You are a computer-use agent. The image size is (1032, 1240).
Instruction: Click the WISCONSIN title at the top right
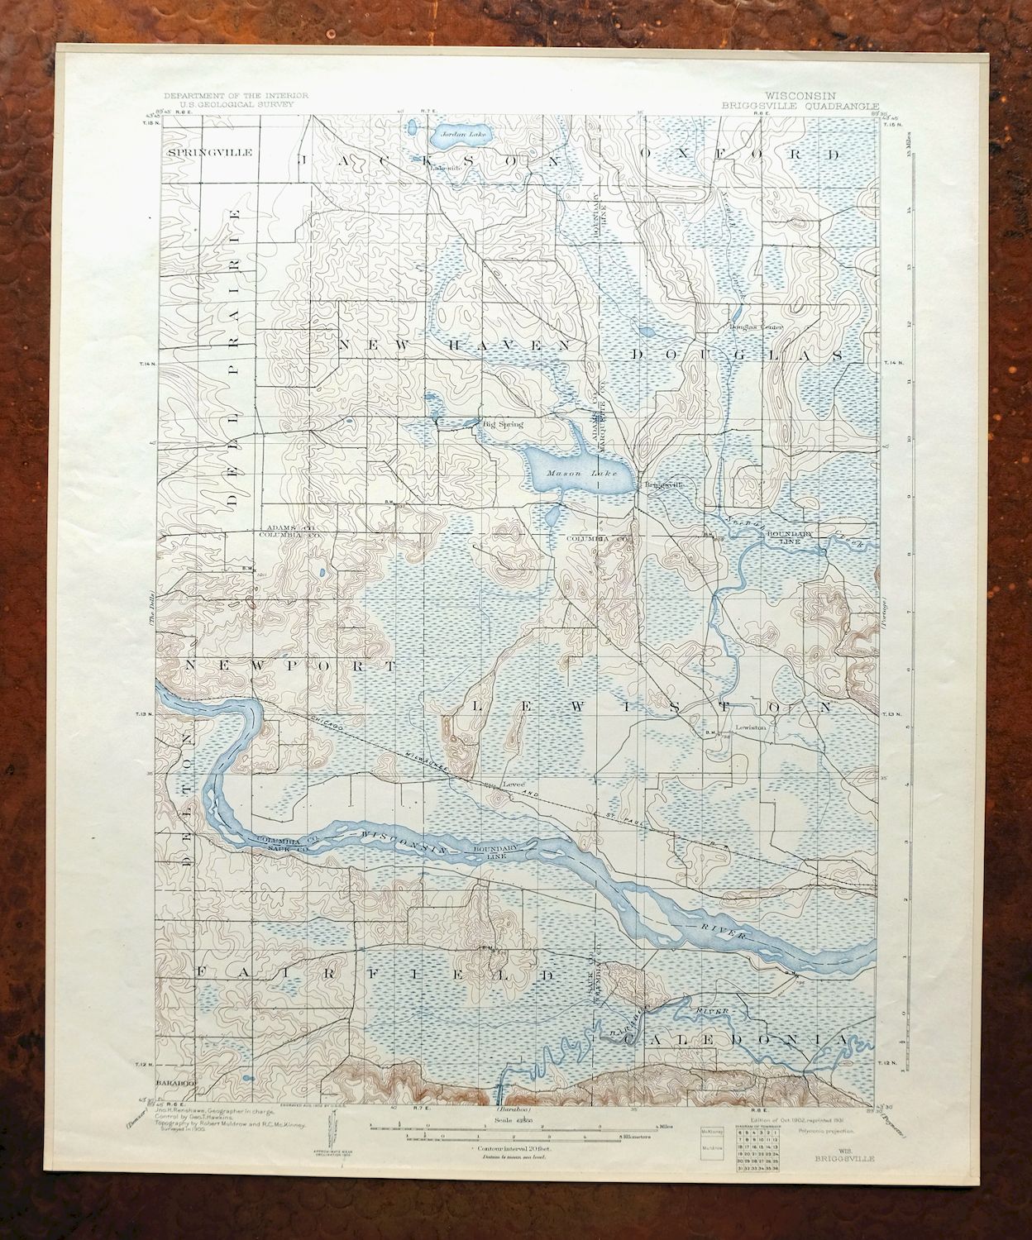[x=800, y=96]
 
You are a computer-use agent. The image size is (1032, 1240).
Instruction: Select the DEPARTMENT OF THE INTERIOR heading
[x=236, y=96]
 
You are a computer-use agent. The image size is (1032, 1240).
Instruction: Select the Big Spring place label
[x=503, y=424]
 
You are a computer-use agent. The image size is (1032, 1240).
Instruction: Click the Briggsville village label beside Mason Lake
[x=664, y=485]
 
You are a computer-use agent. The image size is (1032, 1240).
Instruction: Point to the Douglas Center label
[x=755, y=327]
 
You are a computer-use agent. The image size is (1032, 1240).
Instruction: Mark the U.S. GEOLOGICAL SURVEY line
[x=236, y=105]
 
